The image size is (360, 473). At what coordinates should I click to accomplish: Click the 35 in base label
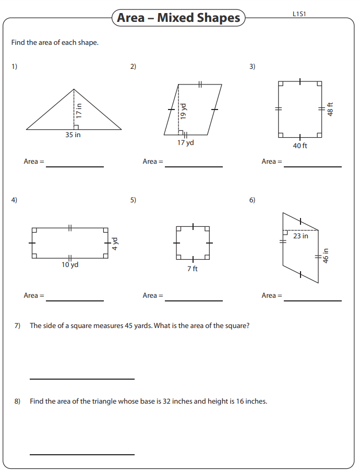pos(73,135)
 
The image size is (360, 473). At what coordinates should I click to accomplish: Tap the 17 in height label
pos(79,110)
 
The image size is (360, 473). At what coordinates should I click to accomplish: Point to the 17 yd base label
pos(185,142)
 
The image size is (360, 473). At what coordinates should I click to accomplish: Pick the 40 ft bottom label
pos(300,146)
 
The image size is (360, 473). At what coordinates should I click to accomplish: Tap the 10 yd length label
pos(70,264)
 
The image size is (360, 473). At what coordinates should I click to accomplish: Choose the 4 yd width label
pos(116,244)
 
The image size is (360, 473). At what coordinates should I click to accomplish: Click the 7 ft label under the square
pos(193,269)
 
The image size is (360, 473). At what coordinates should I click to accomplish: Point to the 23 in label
pos(301,236)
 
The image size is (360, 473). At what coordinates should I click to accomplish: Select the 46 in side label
pos(326,256)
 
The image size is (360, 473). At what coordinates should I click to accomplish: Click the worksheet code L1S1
pos(299,14)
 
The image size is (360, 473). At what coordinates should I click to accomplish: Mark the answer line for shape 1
pos(75,166)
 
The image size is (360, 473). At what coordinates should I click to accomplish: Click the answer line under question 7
pos(82,379)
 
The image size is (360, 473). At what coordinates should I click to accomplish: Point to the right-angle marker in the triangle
pos(76,127)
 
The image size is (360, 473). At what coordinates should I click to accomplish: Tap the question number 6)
pos(252,200)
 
